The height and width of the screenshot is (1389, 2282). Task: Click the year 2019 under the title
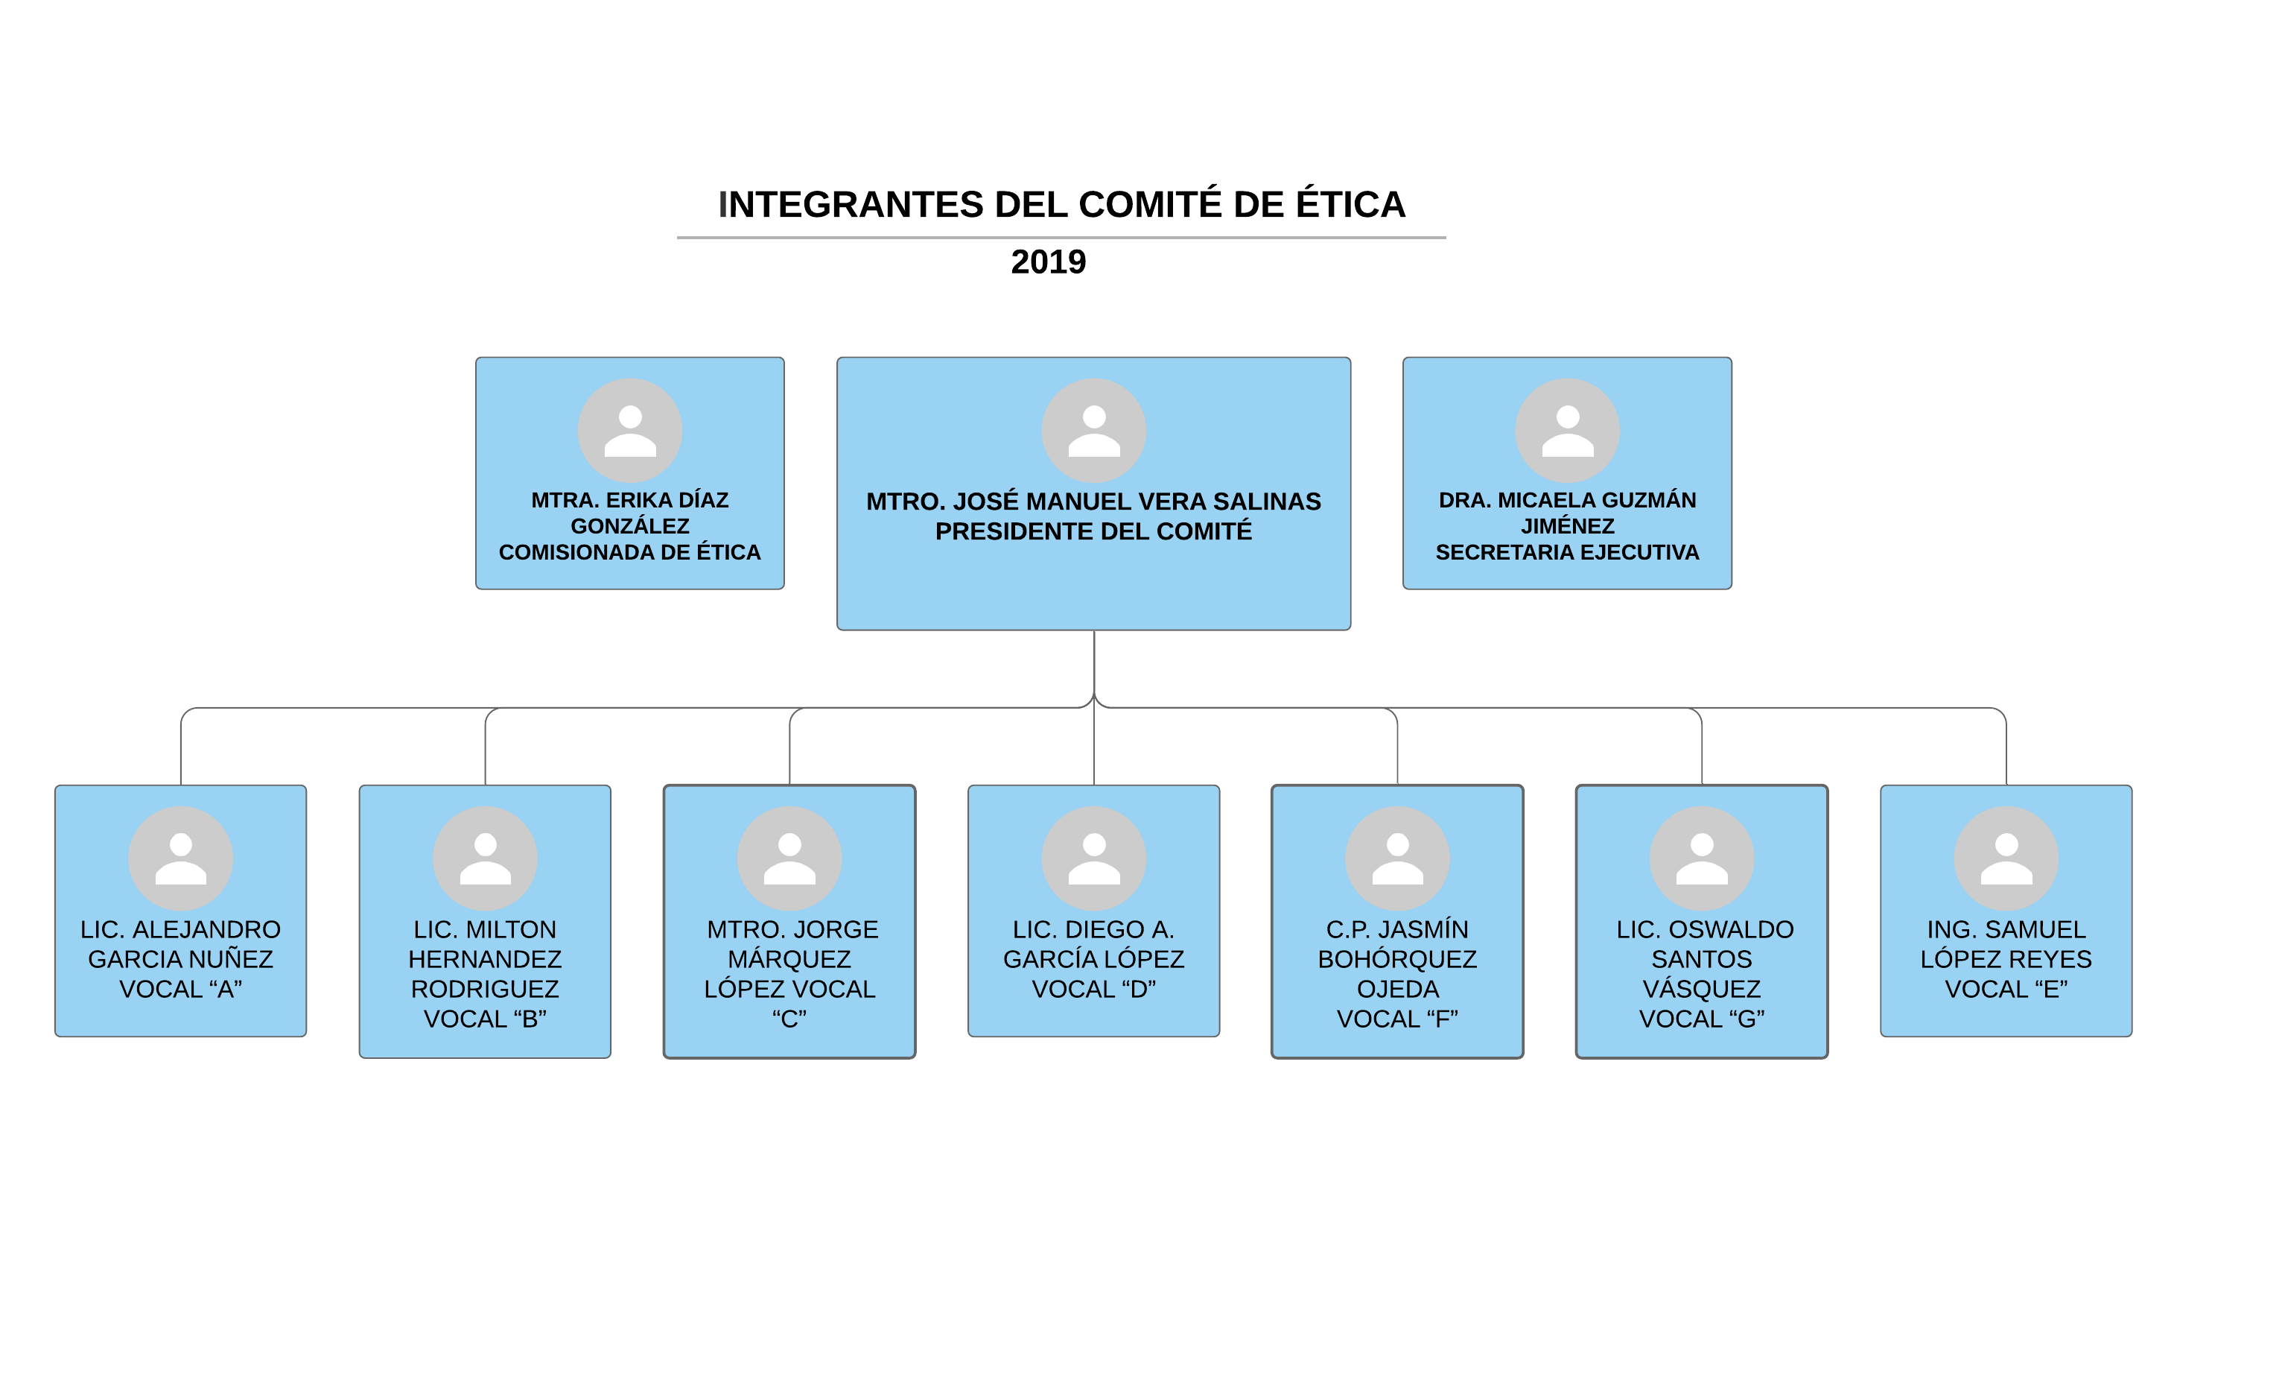click(1049, 262)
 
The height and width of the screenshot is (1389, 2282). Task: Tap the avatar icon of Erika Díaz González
click(630, 430)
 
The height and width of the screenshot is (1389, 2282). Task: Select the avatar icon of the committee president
click(1094, 430)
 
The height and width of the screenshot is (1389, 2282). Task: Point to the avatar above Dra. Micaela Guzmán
click(1567, 430)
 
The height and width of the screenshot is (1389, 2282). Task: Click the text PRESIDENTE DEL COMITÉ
click(1094, 531)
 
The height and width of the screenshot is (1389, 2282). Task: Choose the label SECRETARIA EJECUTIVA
click(1567, 552)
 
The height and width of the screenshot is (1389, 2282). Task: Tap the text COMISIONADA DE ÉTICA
click(630, 552)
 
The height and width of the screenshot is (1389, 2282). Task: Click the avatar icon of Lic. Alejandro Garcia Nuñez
click(180, 858)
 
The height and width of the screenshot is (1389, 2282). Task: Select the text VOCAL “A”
click(180, 990)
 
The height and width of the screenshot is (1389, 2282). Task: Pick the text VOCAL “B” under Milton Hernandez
click(486, 1019)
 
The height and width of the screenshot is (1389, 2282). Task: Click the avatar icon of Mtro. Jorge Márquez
click(789, 858)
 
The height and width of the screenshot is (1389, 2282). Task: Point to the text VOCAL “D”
click(1094, 990)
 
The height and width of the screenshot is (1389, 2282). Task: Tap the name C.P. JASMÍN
click(1397, 929)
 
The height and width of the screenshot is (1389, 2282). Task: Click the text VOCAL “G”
click(1703, 1019)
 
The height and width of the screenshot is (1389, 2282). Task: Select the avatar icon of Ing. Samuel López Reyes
click(2006, 858)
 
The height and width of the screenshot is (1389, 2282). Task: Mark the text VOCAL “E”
click(2006, 990)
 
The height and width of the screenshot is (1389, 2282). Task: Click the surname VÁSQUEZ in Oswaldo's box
click(1703, 989)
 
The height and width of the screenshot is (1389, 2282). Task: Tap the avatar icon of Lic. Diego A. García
click(1094, 858)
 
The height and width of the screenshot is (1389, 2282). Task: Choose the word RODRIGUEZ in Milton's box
click(486, 990)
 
